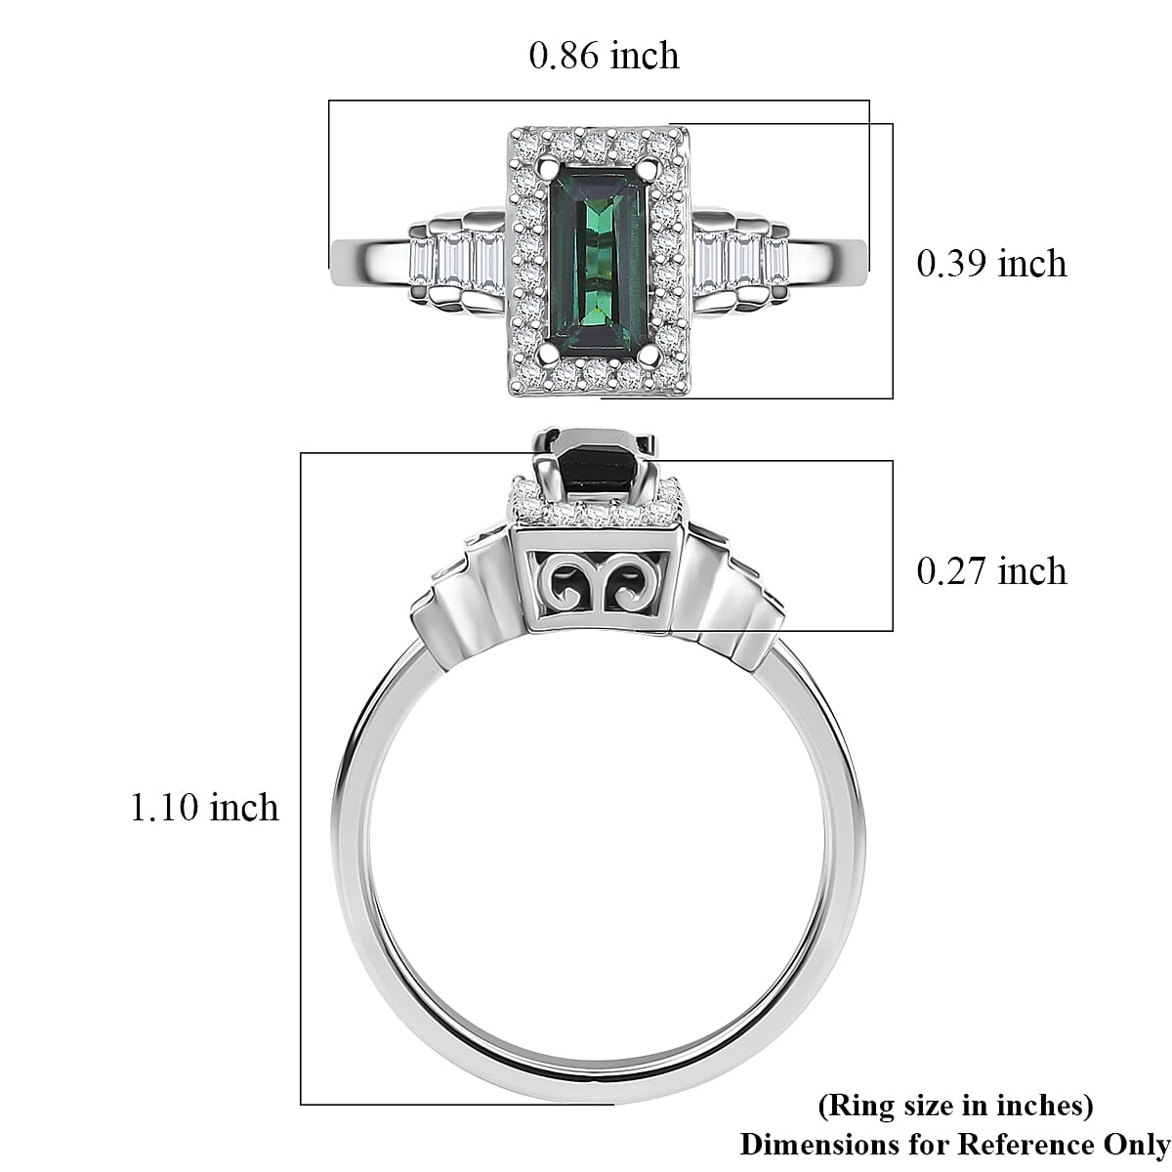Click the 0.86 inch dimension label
[x=604, y=56]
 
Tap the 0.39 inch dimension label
[x=990, y=264]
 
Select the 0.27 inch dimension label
[x=990, y=570]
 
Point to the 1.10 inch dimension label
[x=204, y=808]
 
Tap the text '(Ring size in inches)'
[x=954, y=1106]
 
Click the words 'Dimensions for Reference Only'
[x=954, y=1144]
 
